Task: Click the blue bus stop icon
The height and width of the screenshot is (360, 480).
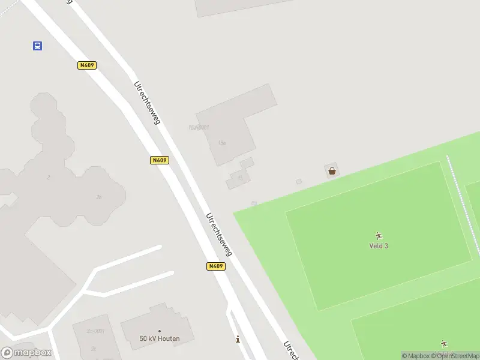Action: click(37, 46)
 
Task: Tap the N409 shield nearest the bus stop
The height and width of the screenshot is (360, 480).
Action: click(87, 65)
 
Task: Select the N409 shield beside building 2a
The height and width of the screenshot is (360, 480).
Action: click(159, 160)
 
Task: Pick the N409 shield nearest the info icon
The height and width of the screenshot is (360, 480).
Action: click(216, 266)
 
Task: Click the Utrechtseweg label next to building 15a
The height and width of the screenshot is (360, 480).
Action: click(148, 103)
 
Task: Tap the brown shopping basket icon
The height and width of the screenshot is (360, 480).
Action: click(332, 171)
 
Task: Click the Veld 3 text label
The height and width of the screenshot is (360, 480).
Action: click(378, 245)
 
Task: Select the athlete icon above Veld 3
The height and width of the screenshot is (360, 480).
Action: click(378, 236)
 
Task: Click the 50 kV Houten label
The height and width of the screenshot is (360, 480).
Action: click(160, 338)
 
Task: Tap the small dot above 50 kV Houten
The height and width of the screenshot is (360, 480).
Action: click(160, 331)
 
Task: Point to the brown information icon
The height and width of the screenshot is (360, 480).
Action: click(238, 339)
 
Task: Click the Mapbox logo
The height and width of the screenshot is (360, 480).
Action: click(26, 352)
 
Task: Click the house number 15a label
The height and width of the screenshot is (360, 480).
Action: click(222, 143)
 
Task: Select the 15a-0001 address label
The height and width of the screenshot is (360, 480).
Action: click(199, 127)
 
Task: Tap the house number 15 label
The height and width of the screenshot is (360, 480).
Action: click(240, 178)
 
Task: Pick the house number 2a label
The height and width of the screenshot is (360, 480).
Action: click(98, 197)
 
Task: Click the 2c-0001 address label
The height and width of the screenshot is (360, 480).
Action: click(95, 331)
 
